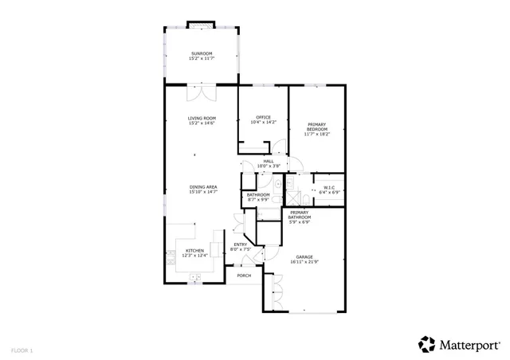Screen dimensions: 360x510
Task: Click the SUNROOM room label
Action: (202, 53)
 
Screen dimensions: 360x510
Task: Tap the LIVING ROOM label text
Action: (202, 119)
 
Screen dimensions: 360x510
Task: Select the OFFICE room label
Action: (263, 117)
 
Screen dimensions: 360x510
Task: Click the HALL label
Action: (269, 161)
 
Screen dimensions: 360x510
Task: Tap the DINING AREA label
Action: (202, 186)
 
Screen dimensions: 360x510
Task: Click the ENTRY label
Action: (240, 245)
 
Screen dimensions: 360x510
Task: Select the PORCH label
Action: (244, 276)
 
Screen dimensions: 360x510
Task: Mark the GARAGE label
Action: (304, 256)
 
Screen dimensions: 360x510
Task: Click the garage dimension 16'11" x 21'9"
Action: (304, 262)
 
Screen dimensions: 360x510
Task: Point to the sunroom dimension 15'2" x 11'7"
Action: (202, 59)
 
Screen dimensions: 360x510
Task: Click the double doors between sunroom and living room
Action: (202, 93)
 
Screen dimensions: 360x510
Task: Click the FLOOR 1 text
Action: (22, 350)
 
